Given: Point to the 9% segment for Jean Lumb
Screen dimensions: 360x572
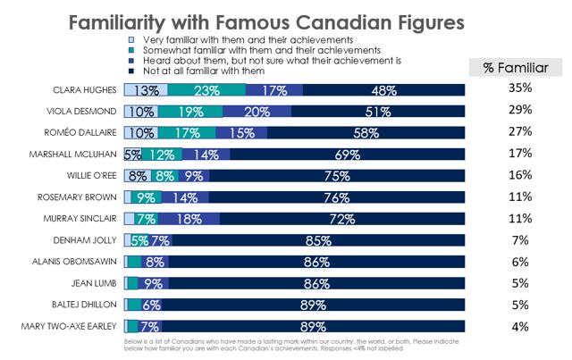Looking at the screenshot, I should click(x=153, y=282).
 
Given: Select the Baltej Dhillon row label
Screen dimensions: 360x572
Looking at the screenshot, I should click(x=90, y=304).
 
